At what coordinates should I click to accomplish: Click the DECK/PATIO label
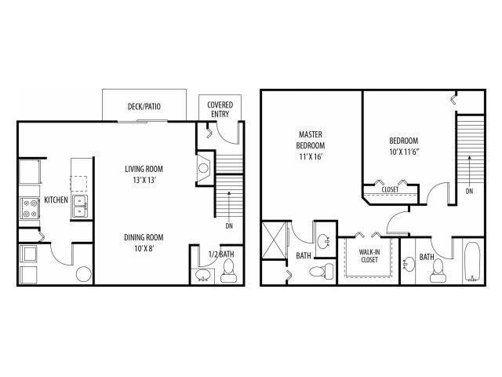point(144,106)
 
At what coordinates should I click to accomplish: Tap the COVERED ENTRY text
point(219,109)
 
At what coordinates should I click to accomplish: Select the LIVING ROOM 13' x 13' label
point(148,174)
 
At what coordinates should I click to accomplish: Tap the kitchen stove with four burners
point(31,207)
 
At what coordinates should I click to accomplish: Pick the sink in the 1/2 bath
point(203,275)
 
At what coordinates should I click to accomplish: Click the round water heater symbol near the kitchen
point(83,275)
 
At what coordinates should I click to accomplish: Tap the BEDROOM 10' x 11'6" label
point(406,147)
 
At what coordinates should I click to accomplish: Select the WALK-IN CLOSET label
point(369,256)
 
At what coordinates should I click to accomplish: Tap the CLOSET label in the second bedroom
point(390,189)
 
